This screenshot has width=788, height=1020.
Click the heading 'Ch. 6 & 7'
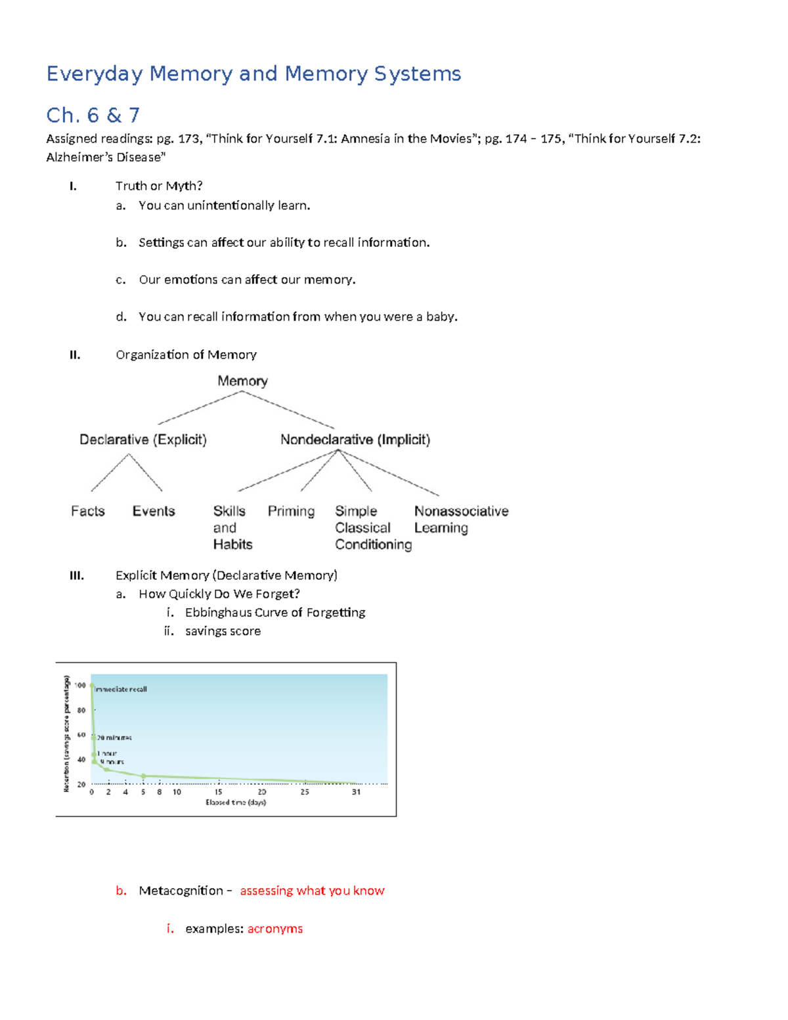pos(93,116)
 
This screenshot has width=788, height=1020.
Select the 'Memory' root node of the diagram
pos(242,381)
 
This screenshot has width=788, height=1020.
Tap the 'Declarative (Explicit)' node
pos(142,439)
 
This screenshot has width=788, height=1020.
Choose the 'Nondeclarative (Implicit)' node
pos(355,439)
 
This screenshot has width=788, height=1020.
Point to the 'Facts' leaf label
pos(87,511)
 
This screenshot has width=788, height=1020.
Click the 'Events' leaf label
pos(154,511)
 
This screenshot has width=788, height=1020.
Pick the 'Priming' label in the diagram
pos(291,511)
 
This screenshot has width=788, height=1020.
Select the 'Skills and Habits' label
pos(232,527)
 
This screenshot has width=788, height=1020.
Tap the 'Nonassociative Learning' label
pos(460,519)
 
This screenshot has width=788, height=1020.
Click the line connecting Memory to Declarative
pos(200,408)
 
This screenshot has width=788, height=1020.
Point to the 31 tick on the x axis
pos(356,792)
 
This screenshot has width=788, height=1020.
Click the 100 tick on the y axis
pos(80,685)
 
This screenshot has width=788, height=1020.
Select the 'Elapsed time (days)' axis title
pos(236,802)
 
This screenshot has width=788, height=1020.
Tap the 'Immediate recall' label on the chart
pos(121,689)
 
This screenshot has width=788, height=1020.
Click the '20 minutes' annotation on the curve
pos(114,738)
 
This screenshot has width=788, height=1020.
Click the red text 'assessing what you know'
pos(312,891)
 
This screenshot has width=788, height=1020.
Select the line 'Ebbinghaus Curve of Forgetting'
pos(274,612)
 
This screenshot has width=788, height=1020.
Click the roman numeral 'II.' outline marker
pos(75,355)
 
